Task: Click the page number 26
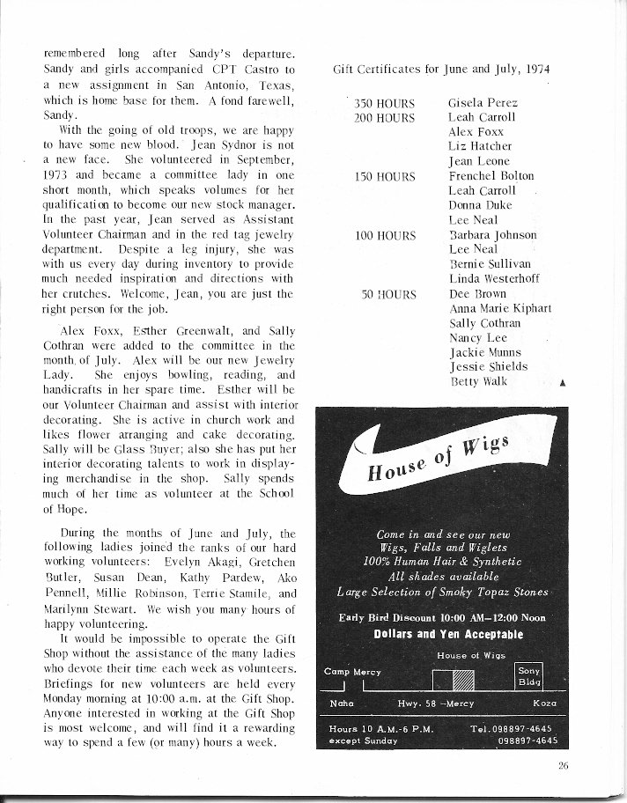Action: (x=563, y=766)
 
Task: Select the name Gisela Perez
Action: (x=480, y=102)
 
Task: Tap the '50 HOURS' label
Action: (x=389, y=294)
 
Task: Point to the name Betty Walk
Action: (x=477, y=381)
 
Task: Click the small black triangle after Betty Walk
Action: (x=562, y=383)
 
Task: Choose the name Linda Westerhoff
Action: (x=493, y=279)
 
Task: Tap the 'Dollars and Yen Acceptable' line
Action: (x=448, y=634)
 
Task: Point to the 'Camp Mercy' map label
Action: (x=350, y=671)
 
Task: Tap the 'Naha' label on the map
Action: (x=340, y=704)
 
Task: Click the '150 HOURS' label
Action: (x=385, y=176)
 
